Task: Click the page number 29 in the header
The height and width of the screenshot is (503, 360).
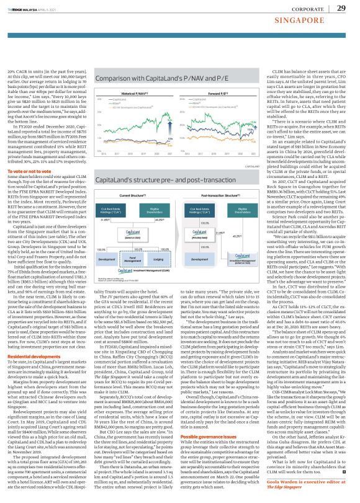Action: (x=341, y=8)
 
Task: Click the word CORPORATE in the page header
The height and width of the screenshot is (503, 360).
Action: (x=301, y=9)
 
